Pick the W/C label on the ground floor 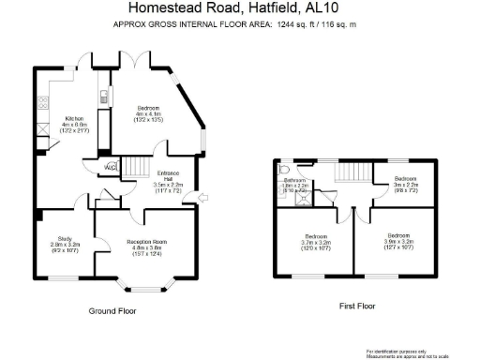110,168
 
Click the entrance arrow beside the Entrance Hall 202,195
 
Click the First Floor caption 357,306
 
